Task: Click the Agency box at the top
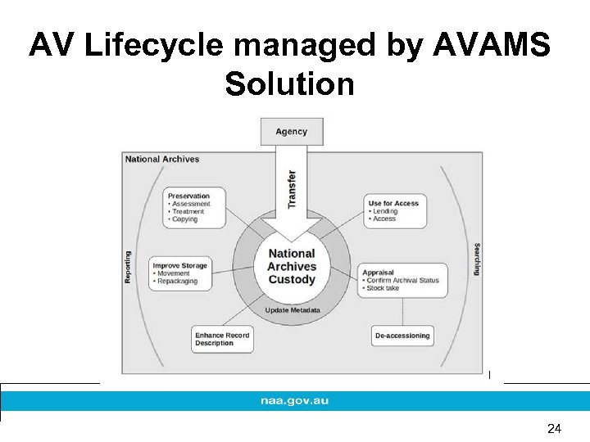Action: point(292,132)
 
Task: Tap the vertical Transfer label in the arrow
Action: point(292,187)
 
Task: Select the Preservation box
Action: point(195,208)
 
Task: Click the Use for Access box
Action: point(395,211)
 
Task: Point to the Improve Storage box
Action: point(181,273)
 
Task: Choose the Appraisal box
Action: point(402,280)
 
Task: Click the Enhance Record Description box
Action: point(222,339)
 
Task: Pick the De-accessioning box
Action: point(402,336)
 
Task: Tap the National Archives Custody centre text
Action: point(292,267)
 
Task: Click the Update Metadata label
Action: point(292,310)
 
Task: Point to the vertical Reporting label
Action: point(128,267)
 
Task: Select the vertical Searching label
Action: point(477,259)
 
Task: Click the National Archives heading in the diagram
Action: point(162,159)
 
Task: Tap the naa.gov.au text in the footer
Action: point(294,401)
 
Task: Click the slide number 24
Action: point(554,428)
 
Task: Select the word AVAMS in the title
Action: point(499,46)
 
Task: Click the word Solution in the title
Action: point(289,83)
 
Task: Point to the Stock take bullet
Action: point(383,288)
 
